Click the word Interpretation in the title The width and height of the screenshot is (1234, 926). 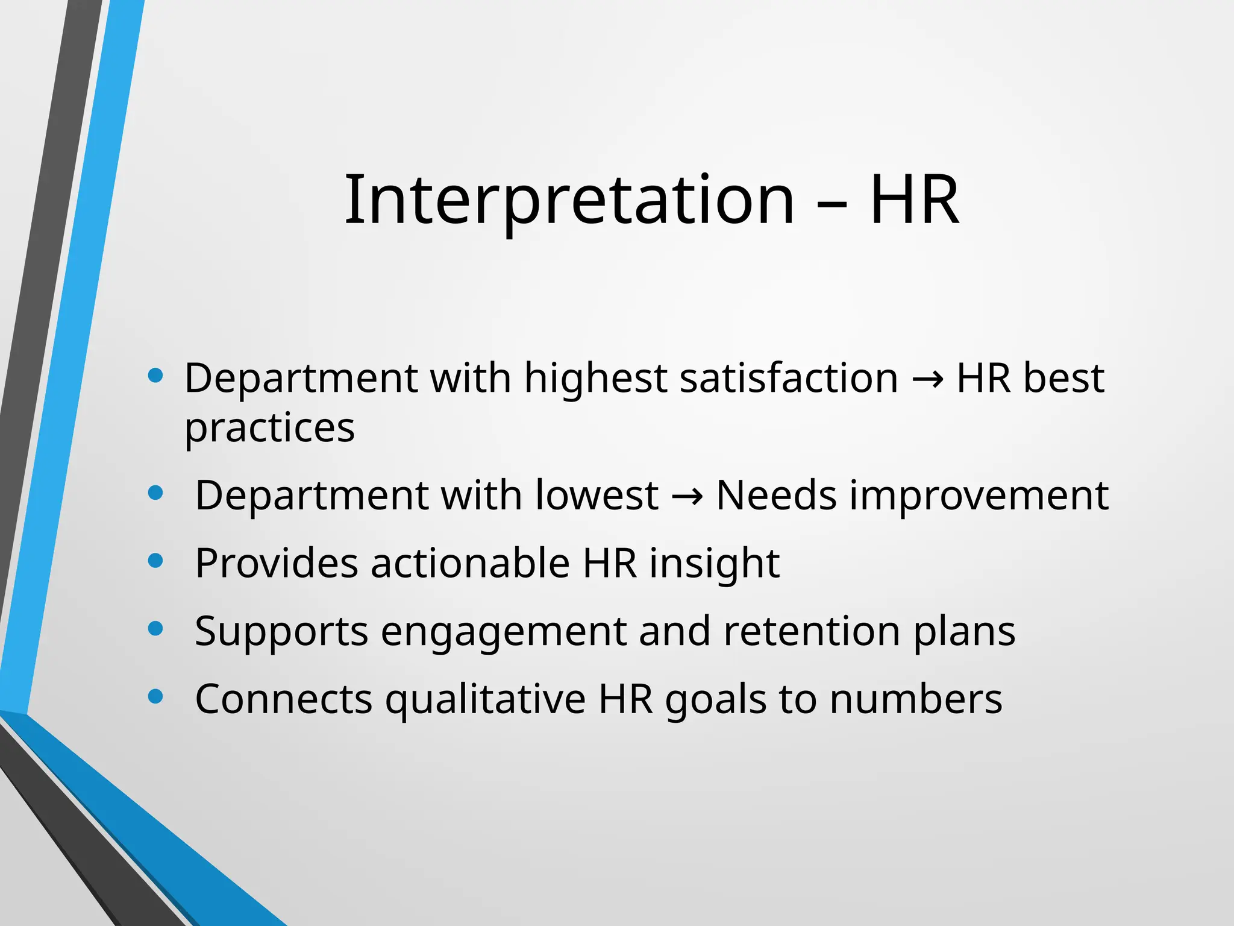569,201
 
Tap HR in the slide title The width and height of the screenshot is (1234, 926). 914,201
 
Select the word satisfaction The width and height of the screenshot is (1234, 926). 789,379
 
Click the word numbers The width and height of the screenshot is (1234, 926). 915,699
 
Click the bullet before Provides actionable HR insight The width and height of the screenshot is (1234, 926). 155,561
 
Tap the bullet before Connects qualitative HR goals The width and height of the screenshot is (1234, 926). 155,697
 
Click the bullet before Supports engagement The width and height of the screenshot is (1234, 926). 155,629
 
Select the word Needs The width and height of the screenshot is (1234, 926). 776,496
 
